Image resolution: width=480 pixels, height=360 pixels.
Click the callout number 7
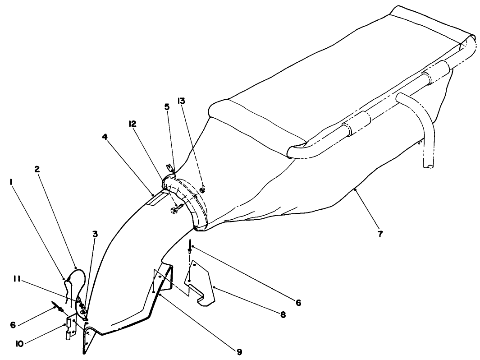[380, 235]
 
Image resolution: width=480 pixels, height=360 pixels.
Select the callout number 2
[37, 170]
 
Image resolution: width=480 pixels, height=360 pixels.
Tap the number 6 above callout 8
[298, 303]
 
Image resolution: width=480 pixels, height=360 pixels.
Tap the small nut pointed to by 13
[203, 190]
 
